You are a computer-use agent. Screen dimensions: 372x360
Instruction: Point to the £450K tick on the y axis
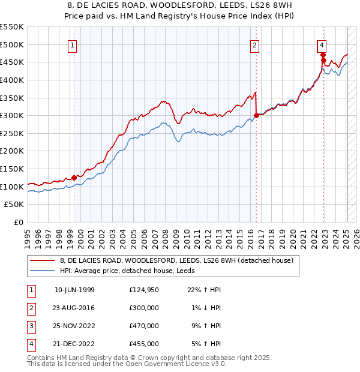pyautogui.click(x=12, y=62)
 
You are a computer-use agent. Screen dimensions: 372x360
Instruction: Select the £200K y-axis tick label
pyautogui.click(x=12, y=151)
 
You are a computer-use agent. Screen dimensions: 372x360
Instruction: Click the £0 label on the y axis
pyautogui.click(x=19, y=223)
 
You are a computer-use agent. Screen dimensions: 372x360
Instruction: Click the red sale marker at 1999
pyautogui.click(x=74, y=178)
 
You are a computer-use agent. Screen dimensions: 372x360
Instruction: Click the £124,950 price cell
pyautogui.click(x=144, y=290)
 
